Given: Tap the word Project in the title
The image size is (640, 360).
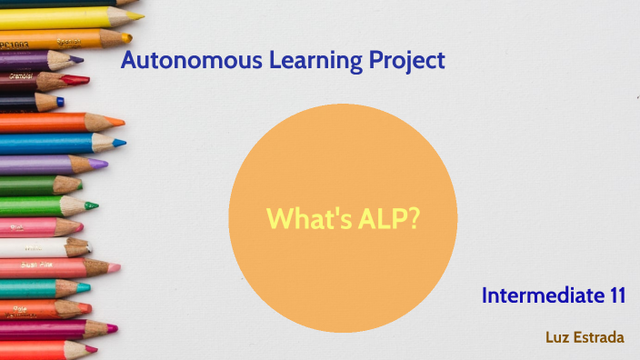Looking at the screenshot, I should (x=407, y=62).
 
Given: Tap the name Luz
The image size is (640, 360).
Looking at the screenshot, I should (x=557, y=337).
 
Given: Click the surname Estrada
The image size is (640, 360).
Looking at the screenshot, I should (x=599, y=337).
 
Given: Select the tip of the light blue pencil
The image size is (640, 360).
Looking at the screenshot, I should (x=121, y=143).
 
